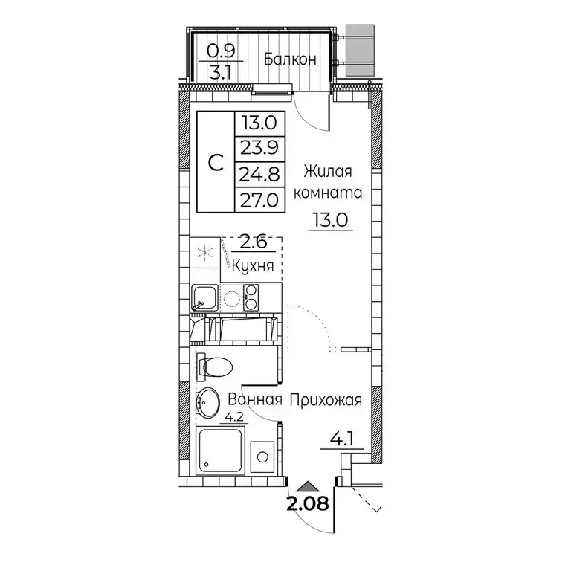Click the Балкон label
pos(291,59)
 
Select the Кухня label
pos(254,265)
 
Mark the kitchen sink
pos(204,299)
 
